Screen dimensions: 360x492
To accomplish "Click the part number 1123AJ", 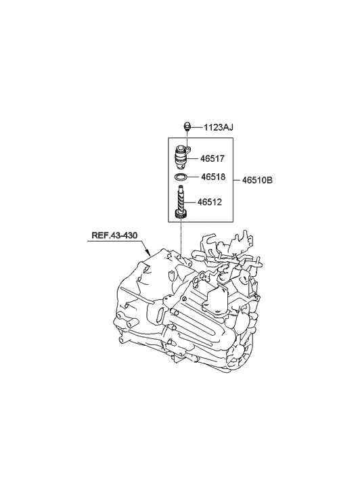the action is pos(219,128).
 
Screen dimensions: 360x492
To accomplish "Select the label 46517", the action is pos(212,159).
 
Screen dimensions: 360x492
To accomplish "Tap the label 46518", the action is pos(213,177).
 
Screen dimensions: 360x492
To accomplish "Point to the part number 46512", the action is pos(209,202).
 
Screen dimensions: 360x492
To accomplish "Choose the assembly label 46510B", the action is pos(257,181).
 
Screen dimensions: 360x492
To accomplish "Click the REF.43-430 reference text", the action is pos(114,236).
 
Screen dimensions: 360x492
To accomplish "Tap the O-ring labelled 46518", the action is pos(180,177).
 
